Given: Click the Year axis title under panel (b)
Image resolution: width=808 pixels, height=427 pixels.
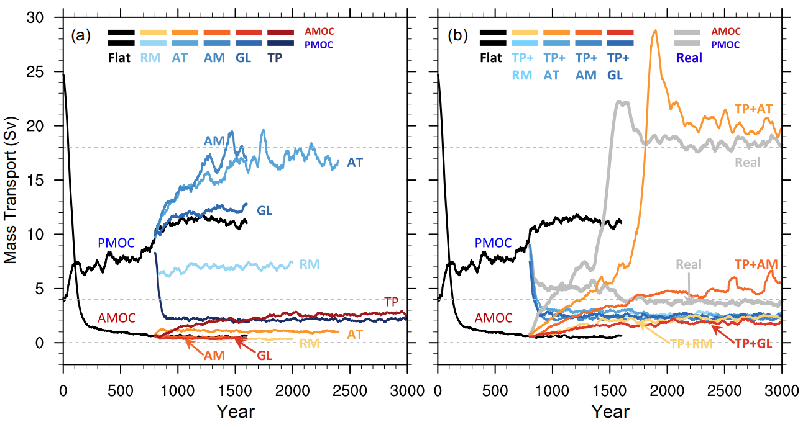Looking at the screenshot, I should coord(610,411).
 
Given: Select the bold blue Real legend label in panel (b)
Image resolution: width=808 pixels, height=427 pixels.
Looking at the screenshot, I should coord(689,58).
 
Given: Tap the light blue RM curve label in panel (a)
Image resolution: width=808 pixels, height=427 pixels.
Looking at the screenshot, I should coord(310,264).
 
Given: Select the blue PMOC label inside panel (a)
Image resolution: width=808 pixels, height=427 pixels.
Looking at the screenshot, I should coord(116,243).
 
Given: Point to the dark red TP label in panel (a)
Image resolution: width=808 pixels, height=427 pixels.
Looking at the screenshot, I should coord(392,301).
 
